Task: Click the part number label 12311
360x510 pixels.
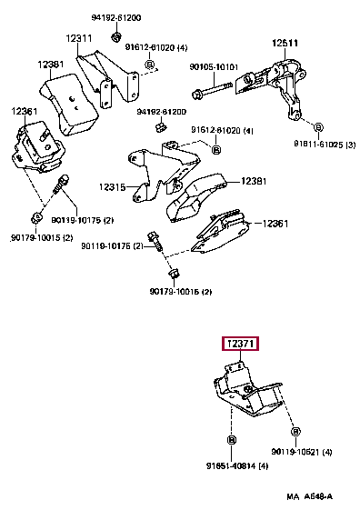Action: click(x=77, y=38)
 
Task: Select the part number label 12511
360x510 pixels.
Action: click(x=284, y=42)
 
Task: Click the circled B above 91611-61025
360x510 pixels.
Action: click(x=317, y=125)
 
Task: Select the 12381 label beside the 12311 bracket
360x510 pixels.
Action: click(x=51, y=65)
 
